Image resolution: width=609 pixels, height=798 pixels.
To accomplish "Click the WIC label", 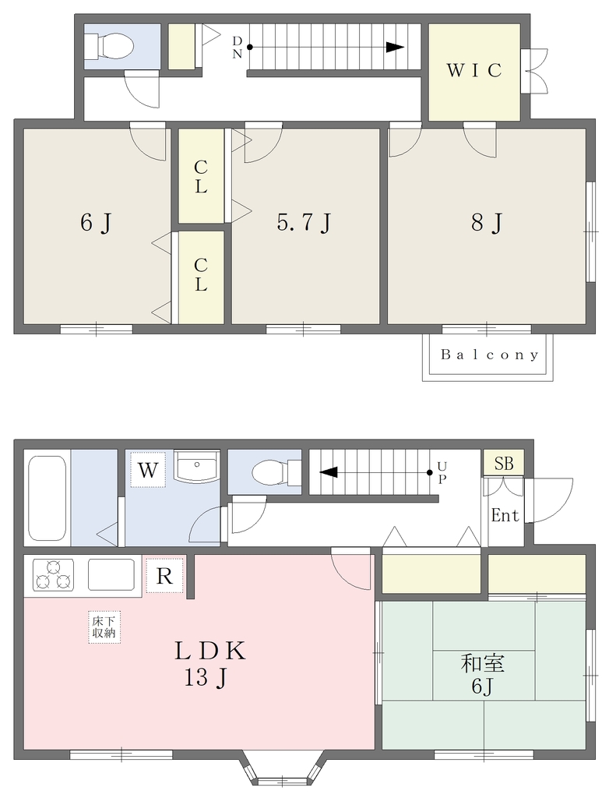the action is [x=474, y=70].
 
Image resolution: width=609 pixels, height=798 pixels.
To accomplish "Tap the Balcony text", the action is [x=489, y=355].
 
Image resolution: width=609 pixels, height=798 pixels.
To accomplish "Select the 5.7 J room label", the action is [x=304, y=222].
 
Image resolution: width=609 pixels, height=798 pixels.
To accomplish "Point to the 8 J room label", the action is [x=487, y=222].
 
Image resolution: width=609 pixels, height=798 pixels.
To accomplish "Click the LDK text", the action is [x=210, y=651].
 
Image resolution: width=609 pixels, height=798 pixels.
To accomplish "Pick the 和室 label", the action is [x=482, y=663].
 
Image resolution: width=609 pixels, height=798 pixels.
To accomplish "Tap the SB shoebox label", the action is [x=503, y=463].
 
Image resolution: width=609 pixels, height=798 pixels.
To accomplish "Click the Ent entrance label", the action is [x=505, y=516].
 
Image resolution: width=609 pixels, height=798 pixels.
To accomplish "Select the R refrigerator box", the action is [x=164, y=576].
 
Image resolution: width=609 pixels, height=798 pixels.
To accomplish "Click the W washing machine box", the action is [x=148, y=470].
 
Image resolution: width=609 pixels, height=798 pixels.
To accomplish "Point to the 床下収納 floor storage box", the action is [x=104, y=627].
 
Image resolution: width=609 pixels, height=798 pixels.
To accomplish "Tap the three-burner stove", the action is [x=53, y=574].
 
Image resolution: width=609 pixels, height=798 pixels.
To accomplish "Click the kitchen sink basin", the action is [x=111, y=574].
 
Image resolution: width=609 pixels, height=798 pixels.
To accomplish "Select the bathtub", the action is [x=48, y=498].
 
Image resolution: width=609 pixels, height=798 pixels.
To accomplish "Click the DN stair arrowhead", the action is [x=395, y=48].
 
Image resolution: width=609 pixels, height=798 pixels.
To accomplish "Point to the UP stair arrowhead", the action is [x=328, y=472].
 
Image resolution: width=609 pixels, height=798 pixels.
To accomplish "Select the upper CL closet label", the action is [x=201, y=177].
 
